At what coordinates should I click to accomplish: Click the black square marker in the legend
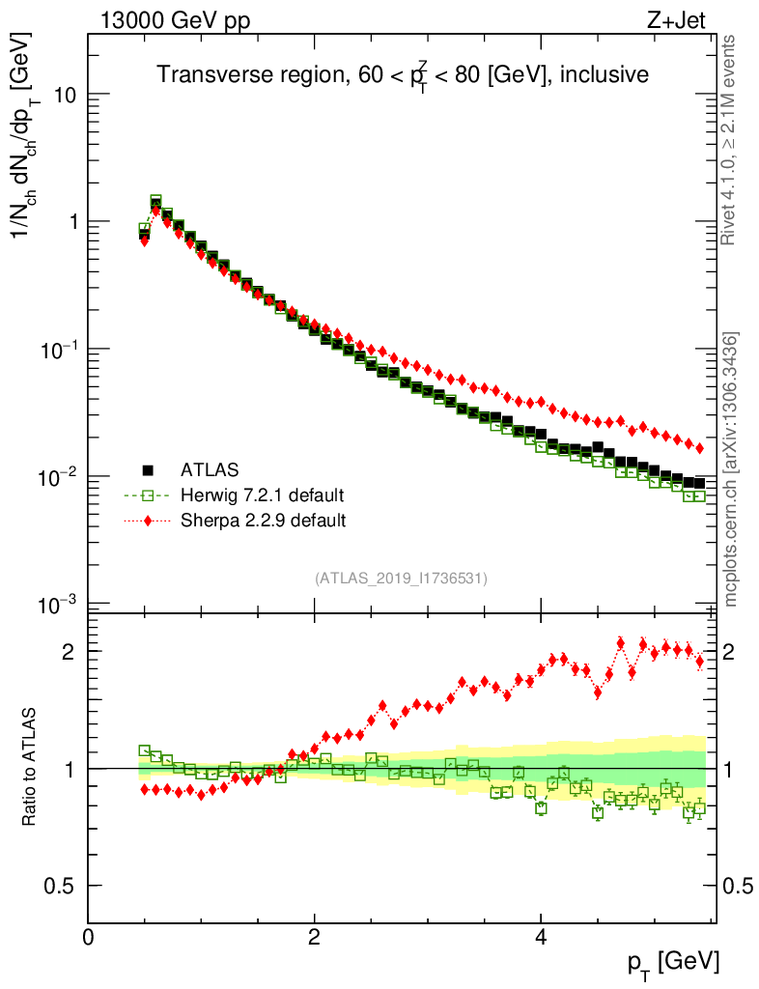[148, 470]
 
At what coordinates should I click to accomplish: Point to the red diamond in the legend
[148, 521]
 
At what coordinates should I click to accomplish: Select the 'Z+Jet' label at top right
[689, 20]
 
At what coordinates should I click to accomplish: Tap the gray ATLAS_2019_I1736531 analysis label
[401, 579]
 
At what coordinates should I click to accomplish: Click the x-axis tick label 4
[541, 937]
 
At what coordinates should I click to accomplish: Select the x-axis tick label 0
[88, 937]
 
